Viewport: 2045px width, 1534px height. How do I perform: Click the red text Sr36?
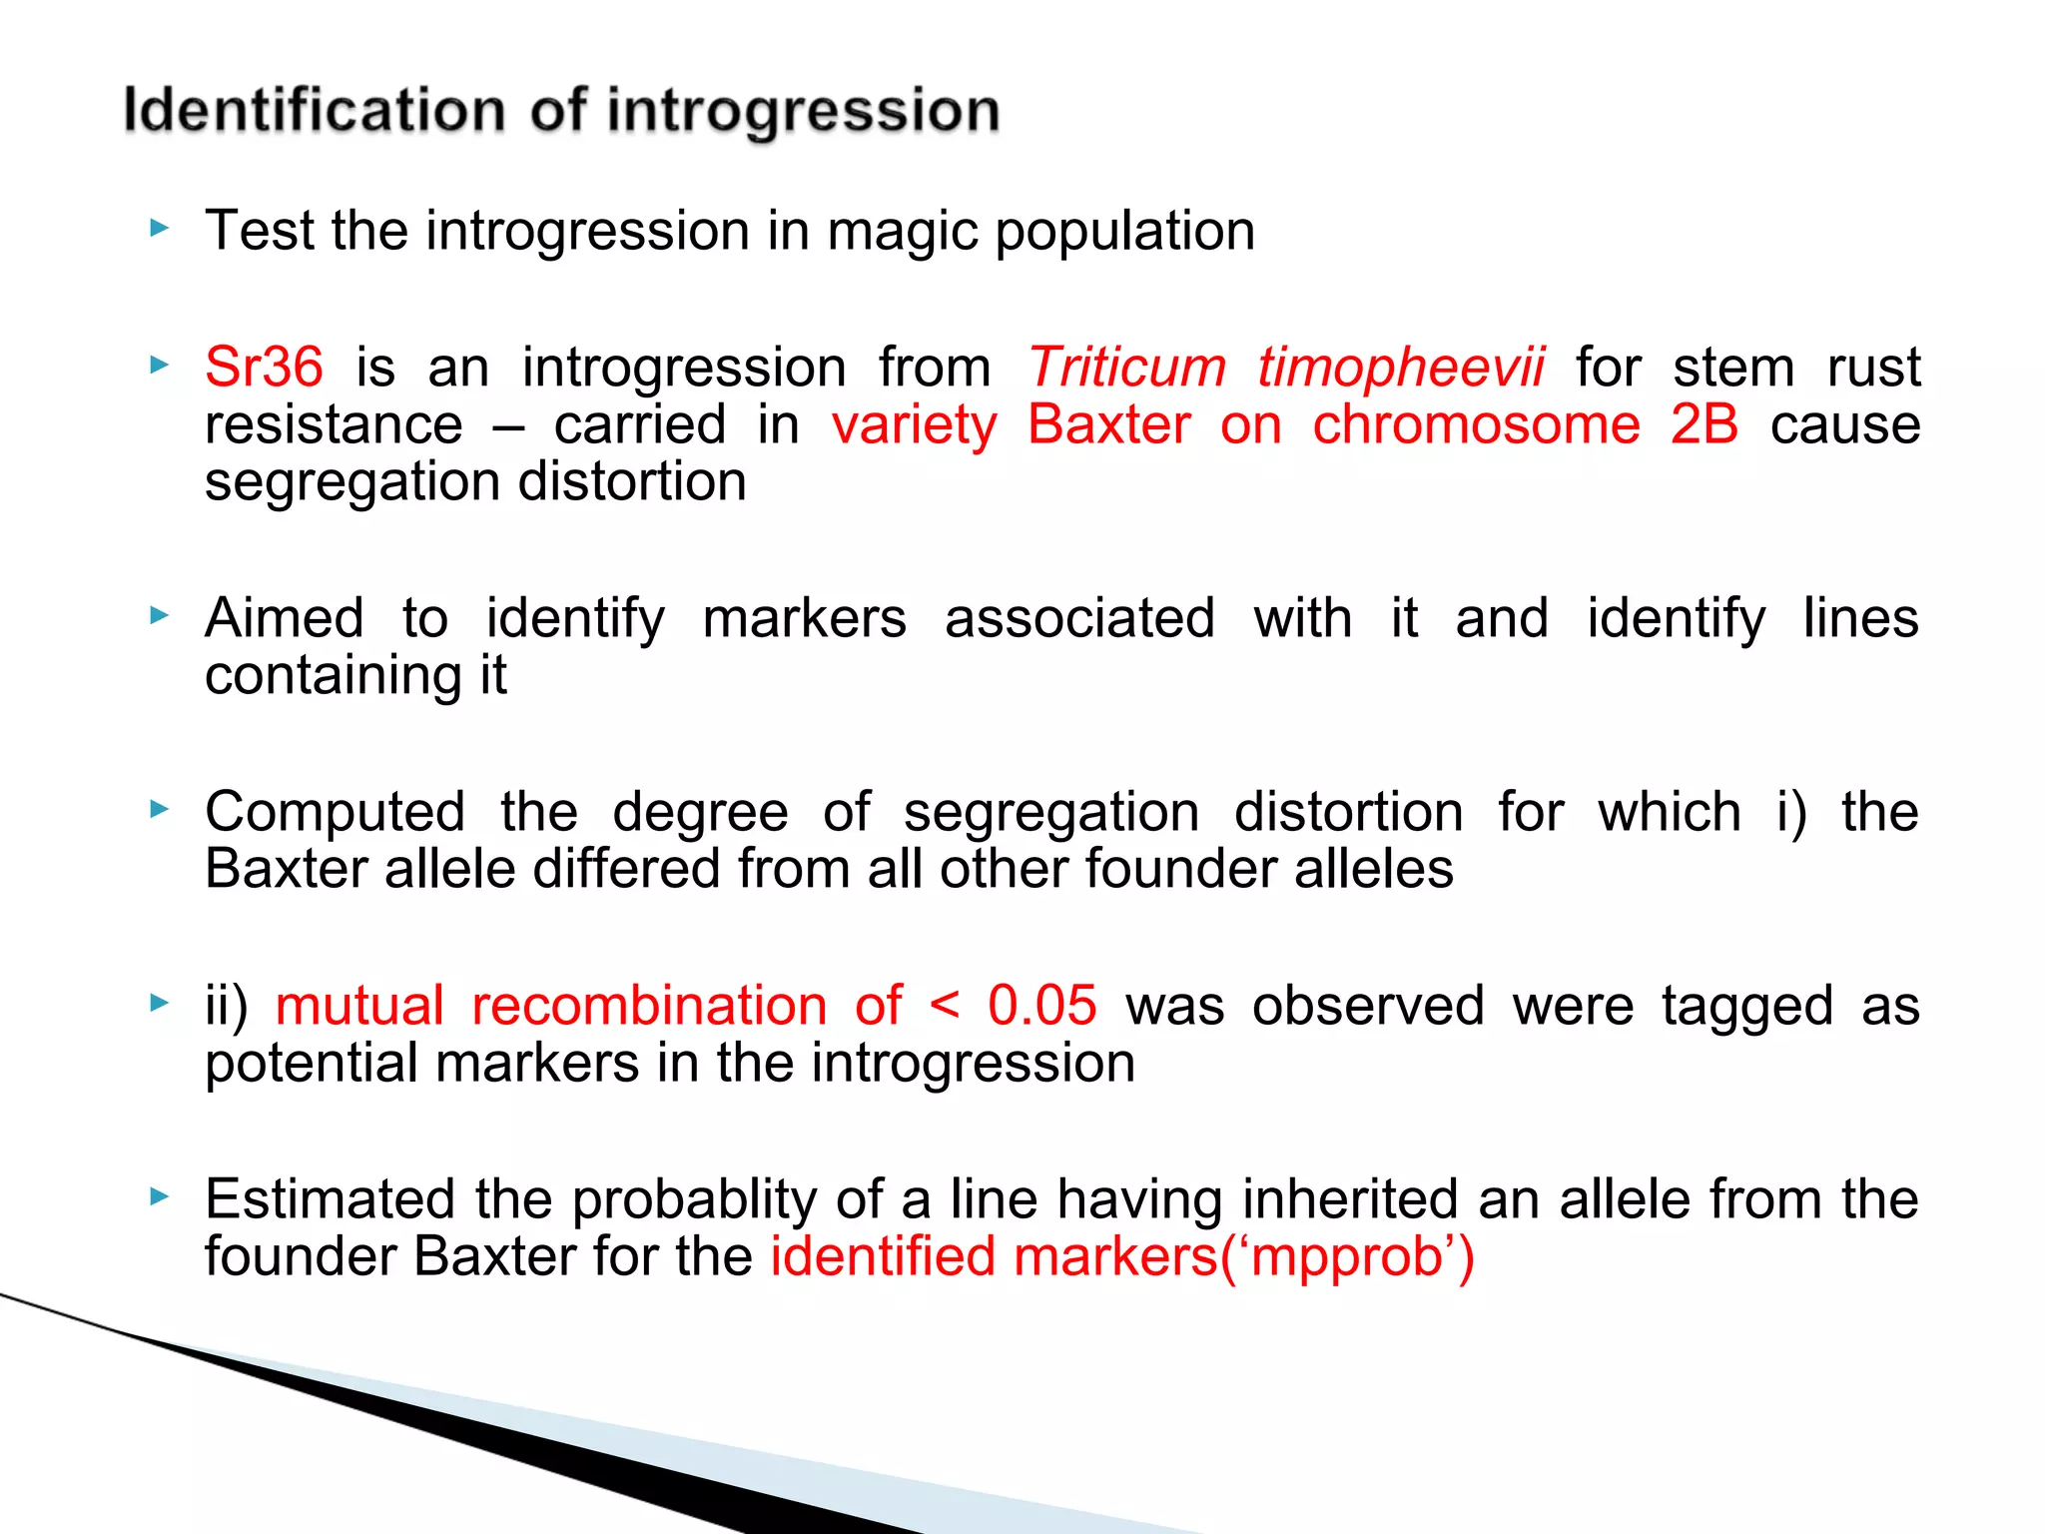click(x=264, y=367)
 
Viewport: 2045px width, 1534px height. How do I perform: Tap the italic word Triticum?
click(x=1126, y=367)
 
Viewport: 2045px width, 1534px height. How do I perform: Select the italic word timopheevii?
click(x=1400, y=367)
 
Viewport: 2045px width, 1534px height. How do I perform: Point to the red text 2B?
click(x=1704, y=424)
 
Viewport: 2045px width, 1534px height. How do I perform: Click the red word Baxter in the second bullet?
click(x=1108, y=424)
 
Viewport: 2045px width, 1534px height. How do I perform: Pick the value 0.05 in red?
click(x=1041, y=1005)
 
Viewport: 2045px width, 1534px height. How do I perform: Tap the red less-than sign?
click(x=945, y=1005)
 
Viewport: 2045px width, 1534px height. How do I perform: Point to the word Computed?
click(x=335, y=812)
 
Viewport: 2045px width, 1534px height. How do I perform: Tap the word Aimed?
click(x=284, y=618)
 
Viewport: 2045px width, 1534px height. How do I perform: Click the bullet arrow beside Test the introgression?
click(x=159, y=229)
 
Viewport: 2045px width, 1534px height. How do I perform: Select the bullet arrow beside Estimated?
click(x=159, y=1196)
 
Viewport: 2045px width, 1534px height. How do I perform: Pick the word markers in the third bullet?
click(x=804, y=618)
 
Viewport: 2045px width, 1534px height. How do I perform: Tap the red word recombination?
click(x=649, y=1005)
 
